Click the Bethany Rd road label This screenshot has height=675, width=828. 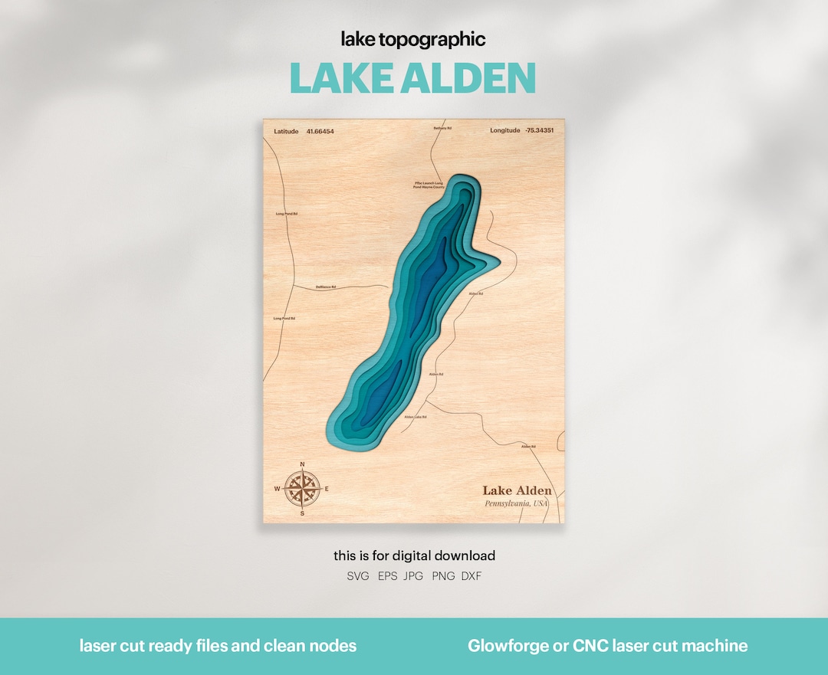[x=442, y=128]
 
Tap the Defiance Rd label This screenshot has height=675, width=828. [x=326, y=287]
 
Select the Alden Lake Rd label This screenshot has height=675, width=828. [x=415, y=417]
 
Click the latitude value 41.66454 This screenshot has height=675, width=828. [x=320, y=131]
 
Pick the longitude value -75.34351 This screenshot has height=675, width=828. [x=540, y=130]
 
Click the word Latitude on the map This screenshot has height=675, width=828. [x=286, y=131]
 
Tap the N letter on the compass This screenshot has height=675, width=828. [x=302, y=464]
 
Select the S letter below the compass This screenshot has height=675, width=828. [x=302, y=513]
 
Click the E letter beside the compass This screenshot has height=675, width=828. [x=327, y=489]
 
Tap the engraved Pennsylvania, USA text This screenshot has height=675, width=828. [x=517, y=503]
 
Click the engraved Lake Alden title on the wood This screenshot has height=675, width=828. [x=517, y=490]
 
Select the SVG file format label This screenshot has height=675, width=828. [x=358, y=576]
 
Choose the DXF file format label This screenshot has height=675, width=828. [x=472, y=576]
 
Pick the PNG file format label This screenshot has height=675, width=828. [x=443, y=576]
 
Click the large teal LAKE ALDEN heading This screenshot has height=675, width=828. [x=412, y=78]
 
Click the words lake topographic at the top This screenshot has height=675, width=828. [x=413, y=40]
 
